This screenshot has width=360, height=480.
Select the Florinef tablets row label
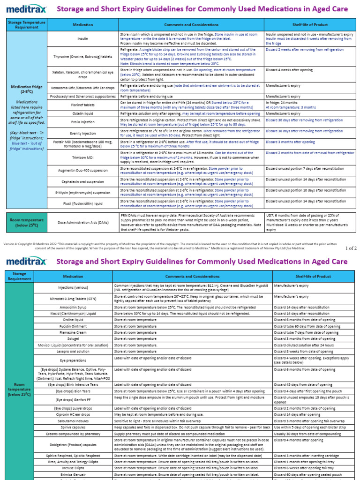pos(82,105)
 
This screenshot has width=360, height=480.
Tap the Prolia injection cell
pos(82,122)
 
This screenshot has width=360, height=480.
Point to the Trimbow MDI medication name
pos(82,158)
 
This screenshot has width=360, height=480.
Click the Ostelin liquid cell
pos(82,113)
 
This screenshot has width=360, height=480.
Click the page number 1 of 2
pos(351,248)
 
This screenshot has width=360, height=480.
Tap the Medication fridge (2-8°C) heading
pos(27,89)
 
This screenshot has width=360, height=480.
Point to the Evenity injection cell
pos(82,133)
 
